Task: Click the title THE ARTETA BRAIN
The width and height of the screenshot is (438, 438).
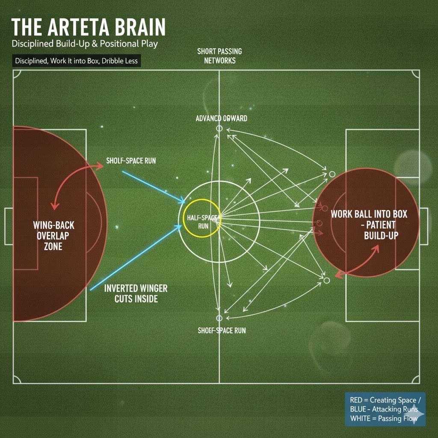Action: [88, 28]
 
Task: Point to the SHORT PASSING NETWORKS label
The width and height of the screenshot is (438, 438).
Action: [219, 56]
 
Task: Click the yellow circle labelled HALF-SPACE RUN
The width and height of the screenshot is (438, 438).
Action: [201, 217]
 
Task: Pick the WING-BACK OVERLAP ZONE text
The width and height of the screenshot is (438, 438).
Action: [53, 235]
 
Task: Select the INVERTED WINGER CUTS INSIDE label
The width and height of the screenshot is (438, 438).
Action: [136, 293]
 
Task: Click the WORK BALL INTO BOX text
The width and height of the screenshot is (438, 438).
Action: [369, 214]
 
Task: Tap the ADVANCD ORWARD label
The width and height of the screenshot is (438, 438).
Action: [221, 118]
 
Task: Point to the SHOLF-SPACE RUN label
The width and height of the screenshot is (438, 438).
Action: [131, 161]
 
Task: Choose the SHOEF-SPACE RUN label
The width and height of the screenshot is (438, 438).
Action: [222, 330]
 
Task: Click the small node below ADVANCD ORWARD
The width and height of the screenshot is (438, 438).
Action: [219, 128]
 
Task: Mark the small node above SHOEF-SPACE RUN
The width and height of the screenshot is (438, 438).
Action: [219, 318]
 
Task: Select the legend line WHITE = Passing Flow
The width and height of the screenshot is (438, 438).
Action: [383, 418]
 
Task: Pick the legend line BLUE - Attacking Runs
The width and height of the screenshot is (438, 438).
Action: [384, 409]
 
